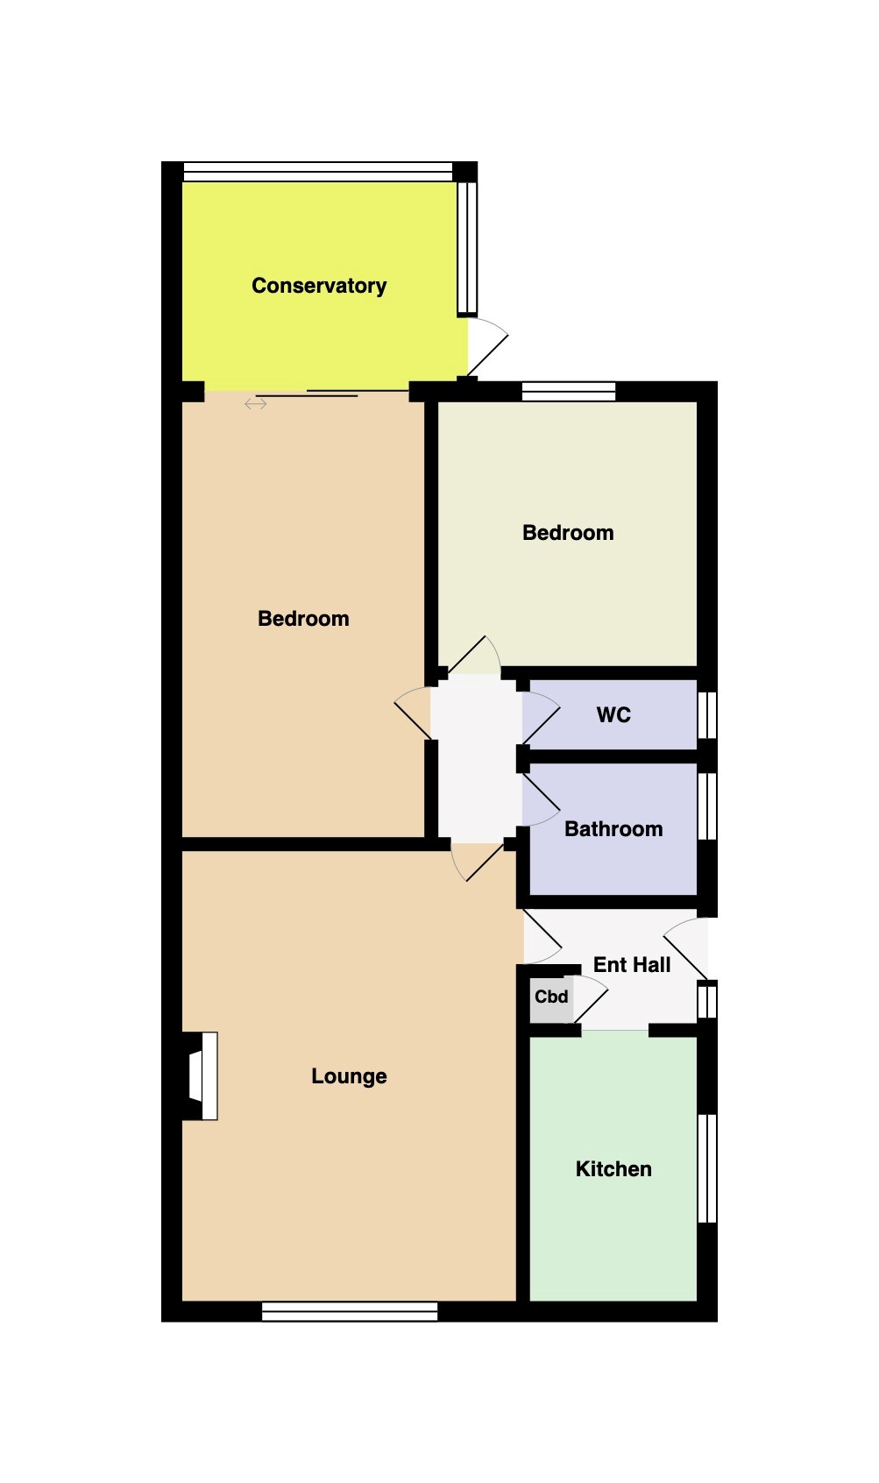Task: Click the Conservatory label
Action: (319, 286)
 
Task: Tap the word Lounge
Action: (349, 1076)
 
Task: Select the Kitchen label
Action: (613, 1169)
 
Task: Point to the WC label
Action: (613, 715)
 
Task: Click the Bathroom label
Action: (613, 829)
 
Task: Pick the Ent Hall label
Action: (632, 965)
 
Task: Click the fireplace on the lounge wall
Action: (202, 1076)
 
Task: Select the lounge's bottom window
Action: (350, 1311)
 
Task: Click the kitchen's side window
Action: (707, 1168)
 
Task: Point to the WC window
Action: (707, 715)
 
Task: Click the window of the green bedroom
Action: (569, 391)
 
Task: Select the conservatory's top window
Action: (317, 172)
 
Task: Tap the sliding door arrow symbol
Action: (256, 404)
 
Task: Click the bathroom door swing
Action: (542, 799)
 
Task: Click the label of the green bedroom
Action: (568, 533)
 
